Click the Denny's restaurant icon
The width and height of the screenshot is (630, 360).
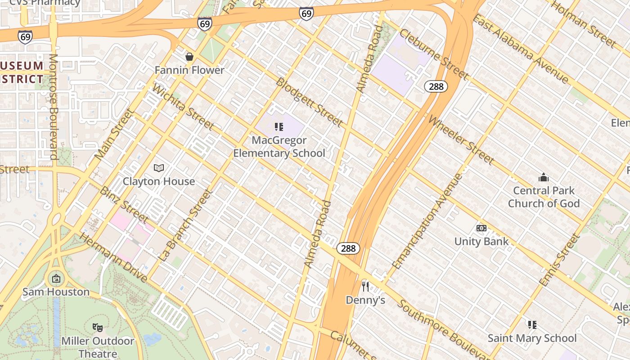(365, 286)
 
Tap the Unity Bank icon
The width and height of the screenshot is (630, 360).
(481, 228)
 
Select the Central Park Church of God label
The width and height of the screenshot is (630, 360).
(544, 197)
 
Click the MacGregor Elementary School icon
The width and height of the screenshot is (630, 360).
(279, 127)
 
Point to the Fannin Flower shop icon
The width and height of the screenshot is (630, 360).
(189, 57)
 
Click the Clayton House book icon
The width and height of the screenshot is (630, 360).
(158, 168)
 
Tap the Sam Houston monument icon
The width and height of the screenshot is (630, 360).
(56, 279)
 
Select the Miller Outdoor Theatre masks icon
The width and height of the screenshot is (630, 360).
(97, 327)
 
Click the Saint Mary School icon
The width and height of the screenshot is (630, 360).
(532, 324)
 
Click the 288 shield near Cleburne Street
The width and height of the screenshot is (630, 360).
(436, 86)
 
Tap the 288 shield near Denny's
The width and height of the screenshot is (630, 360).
(348, 248)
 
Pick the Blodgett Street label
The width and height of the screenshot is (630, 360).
(309, 102)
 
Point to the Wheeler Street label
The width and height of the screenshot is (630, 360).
(461, 140)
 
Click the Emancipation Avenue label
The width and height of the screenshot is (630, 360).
(427, 221)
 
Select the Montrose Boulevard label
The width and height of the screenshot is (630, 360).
(54, 107)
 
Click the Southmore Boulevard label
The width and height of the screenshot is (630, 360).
(443, 328)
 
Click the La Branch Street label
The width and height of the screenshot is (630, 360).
(185, 225)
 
